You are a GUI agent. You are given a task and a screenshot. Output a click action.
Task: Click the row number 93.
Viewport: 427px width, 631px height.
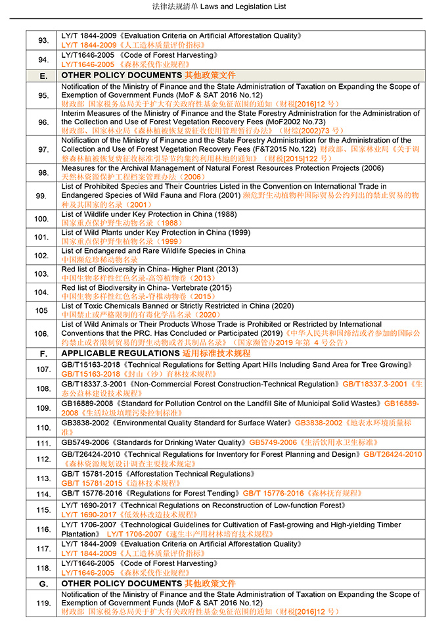43,41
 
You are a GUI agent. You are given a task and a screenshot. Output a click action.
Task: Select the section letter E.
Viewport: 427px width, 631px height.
43,76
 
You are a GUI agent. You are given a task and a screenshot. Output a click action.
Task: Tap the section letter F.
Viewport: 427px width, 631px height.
43,353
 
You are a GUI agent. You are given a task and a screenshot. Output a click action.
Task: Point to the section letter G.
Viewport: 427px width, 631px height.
43,583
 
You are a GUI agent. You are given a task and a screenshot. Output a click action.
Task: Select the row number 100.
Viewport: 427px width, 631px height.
41,219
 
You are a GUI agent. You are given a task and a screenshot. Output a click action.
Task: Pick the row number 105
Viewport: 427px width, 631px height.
41,310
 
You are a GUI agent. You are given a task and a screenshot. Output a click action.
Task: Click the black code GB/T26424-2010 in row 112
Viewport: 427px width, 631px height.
91,454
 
